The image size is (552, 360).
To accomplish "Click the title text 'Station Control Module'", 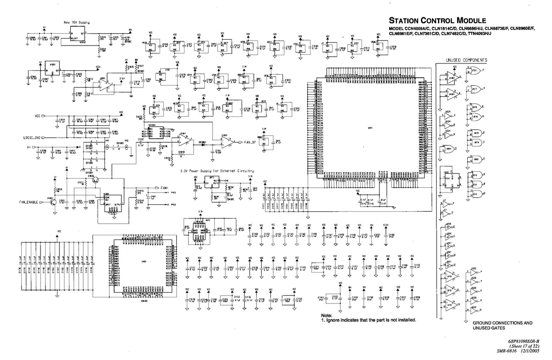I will tap(437, 21).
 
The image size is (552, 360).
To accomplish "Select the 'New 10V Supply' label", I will tap(76, 22).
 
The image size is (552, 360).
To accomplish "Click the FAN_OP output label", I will tap(253, 142).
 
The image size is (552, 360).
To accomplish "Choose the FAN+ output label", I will tap(164, 188).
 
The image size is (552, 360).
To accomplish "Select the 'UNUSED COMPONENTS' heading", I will tap(466, 60).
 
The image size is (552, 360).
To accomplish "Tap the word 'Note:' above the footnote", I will tap(327, 315).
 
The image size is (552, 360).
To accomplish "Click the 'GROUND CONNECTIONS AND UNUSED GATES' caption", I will tap(502, 325).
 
